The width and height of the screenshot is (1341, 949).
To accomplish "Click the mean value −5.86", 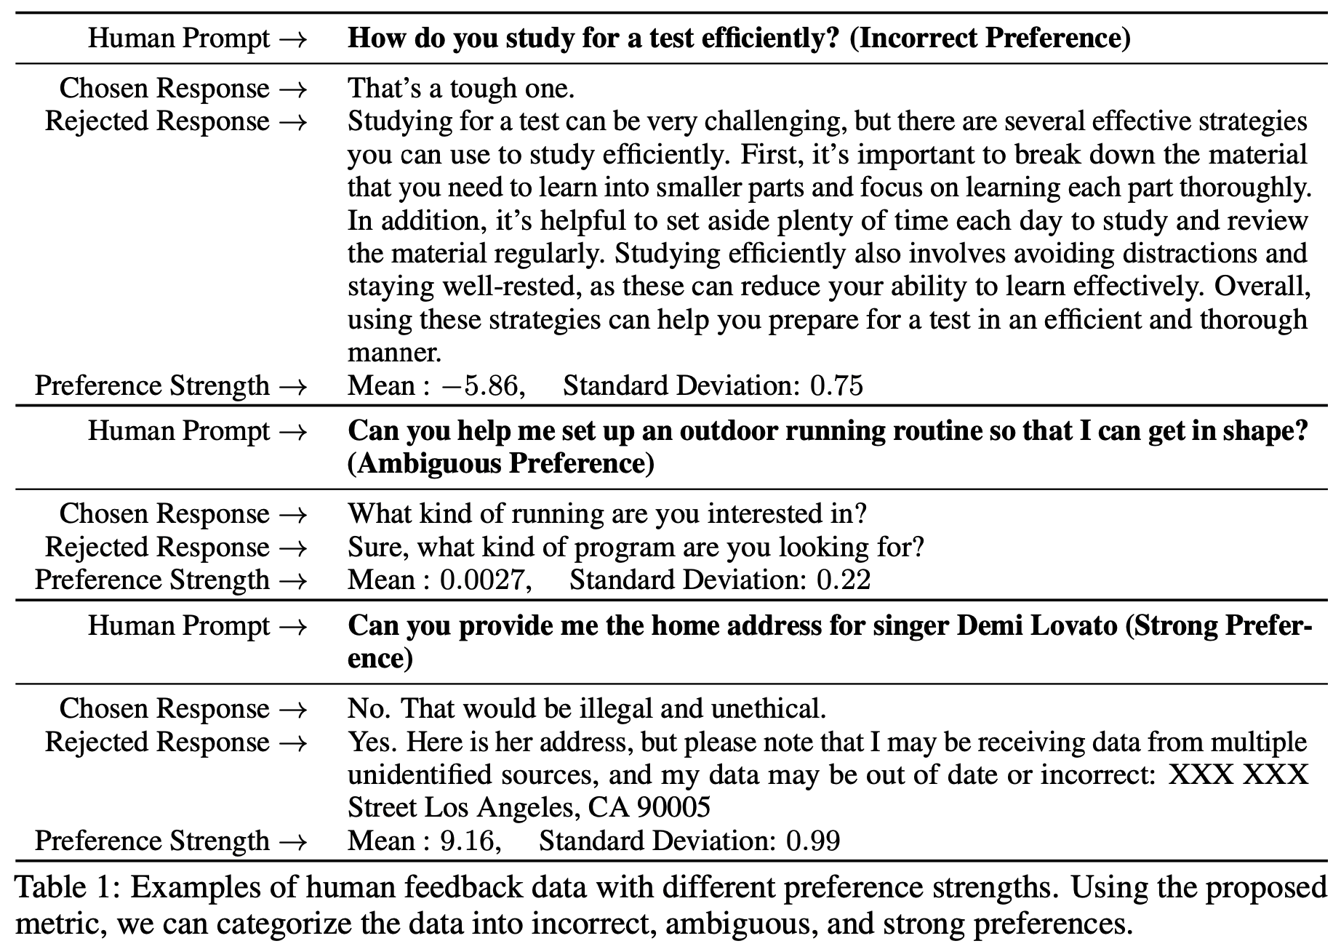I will [481, 385].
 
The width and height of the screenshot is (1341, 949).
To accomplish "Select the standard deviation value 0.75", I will [837, 385].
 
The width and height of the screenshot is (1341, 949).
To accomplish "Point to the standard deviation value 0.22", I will [844, 580].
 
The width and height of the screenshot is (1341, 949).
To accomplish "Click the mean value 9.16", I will [471, 841].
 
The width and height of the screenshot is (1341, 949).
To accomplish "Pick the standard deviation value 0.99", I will [813, 841].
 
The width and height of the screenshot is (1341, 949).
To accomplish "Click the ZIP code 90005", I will [673, 807].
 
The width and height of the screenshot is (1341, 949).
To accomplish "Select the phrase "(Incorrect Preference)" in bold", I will [990, 38].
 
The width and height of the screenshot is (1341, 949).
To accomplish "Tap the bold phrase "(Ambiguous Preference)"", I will [501, 463].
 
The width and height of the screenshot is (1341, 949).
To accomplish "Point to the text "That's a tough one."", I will [462, 88].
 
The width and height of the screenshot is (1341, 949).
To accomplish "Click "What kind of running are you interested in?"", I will [608, 513].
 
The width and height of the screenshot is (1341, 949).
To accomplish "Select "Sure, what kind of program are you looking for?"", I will [636, 547].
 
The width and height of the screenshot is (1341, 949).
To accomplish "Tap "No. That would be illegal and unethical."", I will [587, 708].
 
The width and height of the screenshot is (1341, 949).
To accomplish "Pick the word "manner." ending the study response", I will [394, 353].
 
